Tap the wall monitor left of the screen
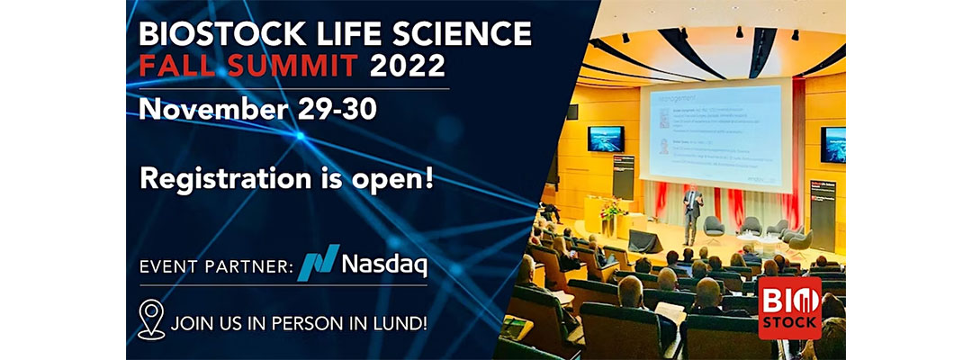606,139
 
